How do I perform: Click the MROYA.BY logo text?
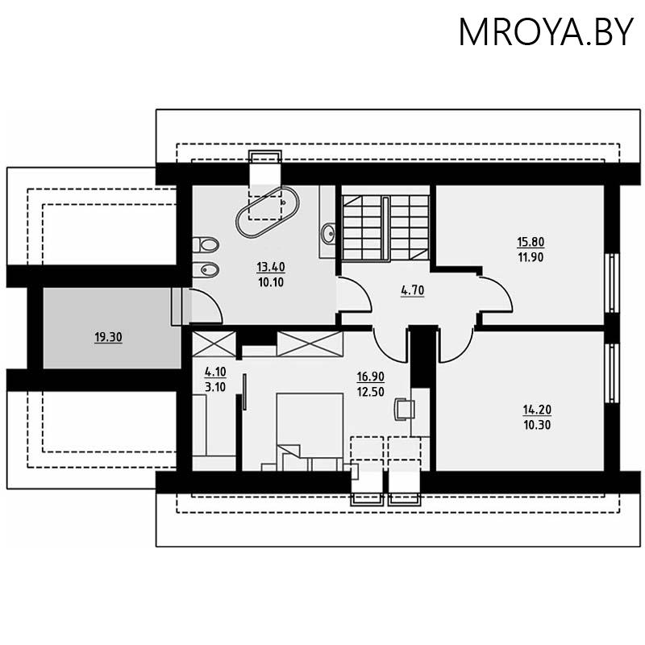pos(546,31)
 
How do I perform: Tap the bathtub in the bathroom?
pos(267,212)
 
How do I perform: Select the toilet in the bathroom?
pos(205,243)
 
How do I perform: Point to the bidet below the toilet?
pos(205,269)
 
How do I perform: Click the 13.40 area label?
pos(271,267)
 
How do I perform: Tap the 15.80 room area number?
pos(530,241)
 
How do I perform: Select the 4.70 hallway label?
pos(412,291)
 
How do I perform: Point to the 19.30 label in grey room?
pos(108,338)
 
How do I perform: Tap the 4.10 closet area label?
pos(214,372)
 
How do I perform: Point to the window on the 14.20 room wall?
pos(612,373)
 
